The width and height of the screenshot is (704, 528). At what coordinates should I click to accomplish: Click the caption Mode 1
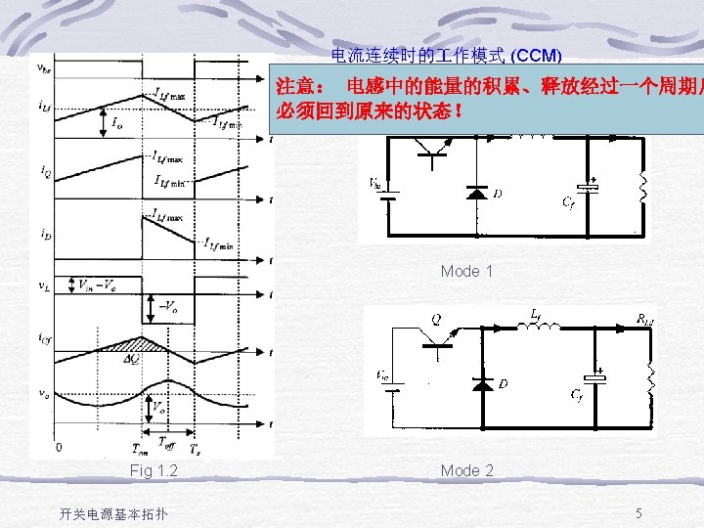click(x=466, y=271)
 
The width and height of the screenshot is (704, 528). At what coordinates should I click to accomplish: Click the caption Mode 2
click(x=466, y=470)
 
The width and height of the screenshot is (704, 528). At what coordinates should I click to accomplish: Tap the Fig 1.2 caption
click(x=154, y=471)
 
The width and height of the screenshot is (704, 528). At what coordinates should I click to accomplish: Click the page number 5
click(x=638, y=513)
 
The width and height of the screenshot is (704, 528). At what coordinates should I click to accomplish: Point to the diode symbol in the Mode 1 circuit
click(x=477, y=193)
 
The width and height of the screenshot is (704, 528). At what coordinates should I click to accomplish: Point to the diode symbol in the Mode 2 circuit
click(x=480, y=383)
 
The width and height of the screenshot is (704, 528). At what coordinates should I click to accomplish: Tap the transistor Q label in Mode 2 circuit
click(x=435, y=318)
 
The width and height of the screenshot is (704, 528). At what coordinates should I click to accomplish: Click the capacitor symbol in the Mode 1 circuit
click(x=588, y=186)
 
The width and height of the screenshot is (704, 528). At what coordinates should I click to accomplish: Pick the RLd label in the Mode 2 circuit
click(x=645, y=318)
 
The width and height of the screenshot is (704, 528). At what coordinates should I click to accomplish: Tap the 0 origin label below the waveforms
click(x=59, y=448)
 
